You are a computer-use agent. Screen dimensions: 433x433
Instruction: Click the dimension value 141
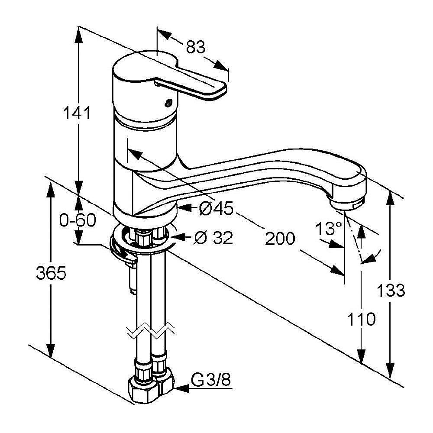77,113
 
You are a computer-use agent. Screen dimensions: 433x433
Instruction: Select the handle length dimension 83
196,47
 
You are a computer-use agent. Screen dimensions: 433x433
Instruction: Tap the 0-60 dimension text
78,220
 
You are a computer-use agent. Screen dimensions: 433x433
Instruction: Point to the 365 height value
51,273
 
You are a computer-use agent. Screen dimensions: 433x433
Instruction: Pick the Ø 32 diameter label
213,237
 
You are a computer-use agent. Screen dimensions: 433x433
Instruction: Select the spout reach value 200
280,239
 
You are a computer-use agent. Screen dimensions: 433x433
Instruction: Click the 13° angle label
329,228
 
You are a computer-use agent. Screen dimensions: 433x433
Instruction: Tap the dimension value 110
361,319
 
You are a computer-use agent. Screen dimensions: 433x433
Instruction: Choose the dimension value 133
391,290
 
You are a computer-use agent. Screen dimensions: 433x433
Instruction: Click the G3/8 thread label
211,381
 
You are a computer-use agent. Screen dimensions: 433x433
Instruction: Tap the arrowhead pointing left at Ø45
184,208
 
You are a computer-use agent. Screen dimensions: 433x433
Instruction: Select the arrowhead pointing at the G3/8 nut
181,388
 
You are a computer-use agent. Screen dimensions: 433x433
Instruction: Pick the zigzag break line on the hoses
151,330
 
